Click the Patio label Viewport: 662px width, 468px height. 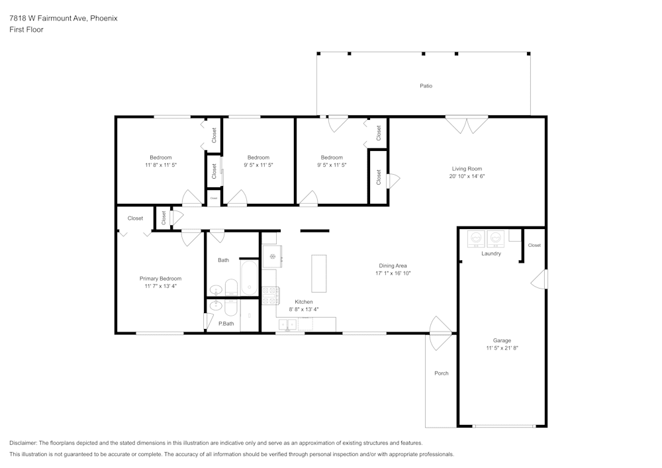(x=426, y=86)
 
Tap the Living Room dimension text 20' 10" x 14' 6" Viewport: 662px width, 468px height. (x=467, y=177)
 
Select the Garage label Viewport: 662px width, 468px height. (x=501, y=340)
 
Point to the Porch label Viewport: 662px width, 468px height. (x=441, y=373)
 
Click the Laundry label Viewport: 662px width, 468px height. (x=491, y=254)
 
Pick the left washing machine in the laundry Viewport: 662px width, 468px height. (x=476, y=238)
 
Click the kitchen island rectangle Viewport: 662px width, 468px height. (x=319, y=273)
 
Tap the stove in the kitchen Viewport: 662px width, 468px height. (x=270, y=295)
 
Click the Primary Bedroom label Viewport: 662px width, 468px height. (x=160, y=279)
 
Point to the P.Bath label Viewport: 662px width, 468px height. (x=226, y=324)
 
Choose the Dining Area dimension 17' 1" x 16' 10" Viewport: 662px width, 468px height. (x=393, y=273)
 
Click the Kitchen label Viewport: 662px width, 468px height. (x=303, y=302)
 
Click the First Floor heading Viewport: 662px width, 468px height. (x=26, y=30)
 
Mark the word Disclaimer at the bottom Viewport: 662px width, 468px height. (x=23, y=442)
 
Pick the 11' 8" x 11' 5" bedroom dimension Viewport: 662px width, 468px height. (x=160, y=165)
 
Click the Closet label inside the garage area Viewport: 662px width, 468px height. (x=534, y=245)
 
